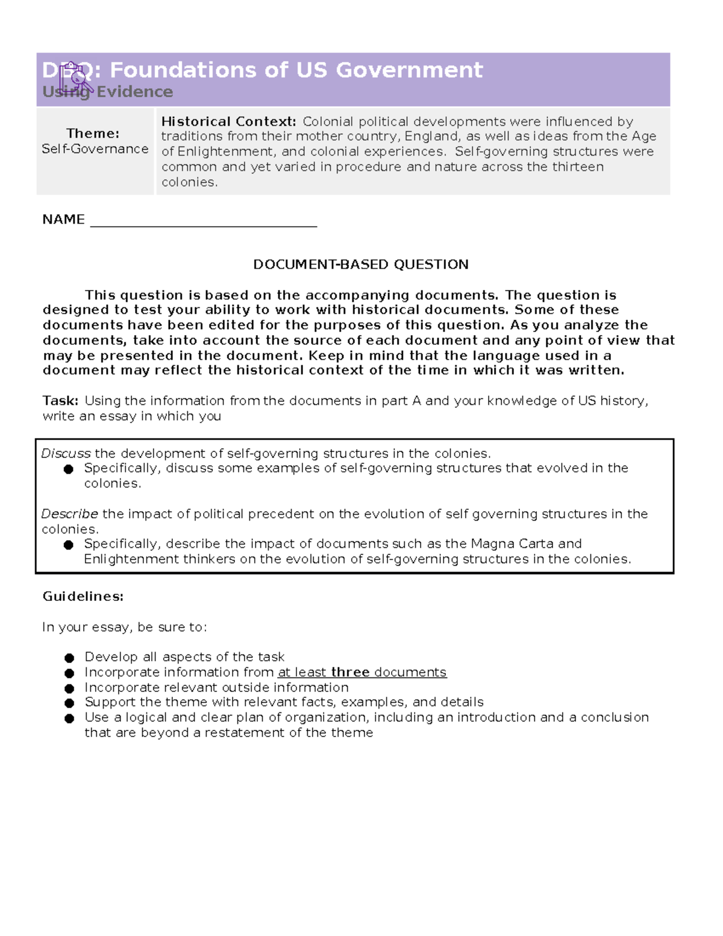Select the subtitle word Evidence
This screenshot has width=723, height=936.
click(134, 92)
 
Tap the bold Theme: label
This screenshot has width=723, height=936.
click(93, 133)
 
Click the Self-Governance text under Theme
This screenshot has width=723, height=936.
click(95, 149)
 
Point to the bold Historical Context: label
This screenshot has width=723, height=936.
click(228, 122)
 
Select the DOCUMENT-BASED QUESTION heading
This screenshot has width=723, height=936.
click(360, 265)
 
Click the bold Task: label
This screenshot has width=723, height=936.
click(60, 401)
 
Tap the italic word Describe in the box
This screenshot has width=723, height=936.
click(69, 514)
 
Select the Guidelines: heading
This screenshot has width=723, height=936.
click(83, 596)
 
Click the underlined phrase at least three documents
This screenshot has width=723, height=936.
click(361, 672)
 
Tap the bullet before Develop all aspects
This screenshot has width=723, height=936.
click(69, 658)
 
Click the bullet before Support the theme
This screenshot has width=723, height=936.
click(69, 703)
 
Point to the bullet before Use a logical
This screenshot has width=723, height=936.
click(69, 718)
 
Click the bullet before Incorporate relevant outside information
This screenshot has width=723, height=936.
click(69, 688)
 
